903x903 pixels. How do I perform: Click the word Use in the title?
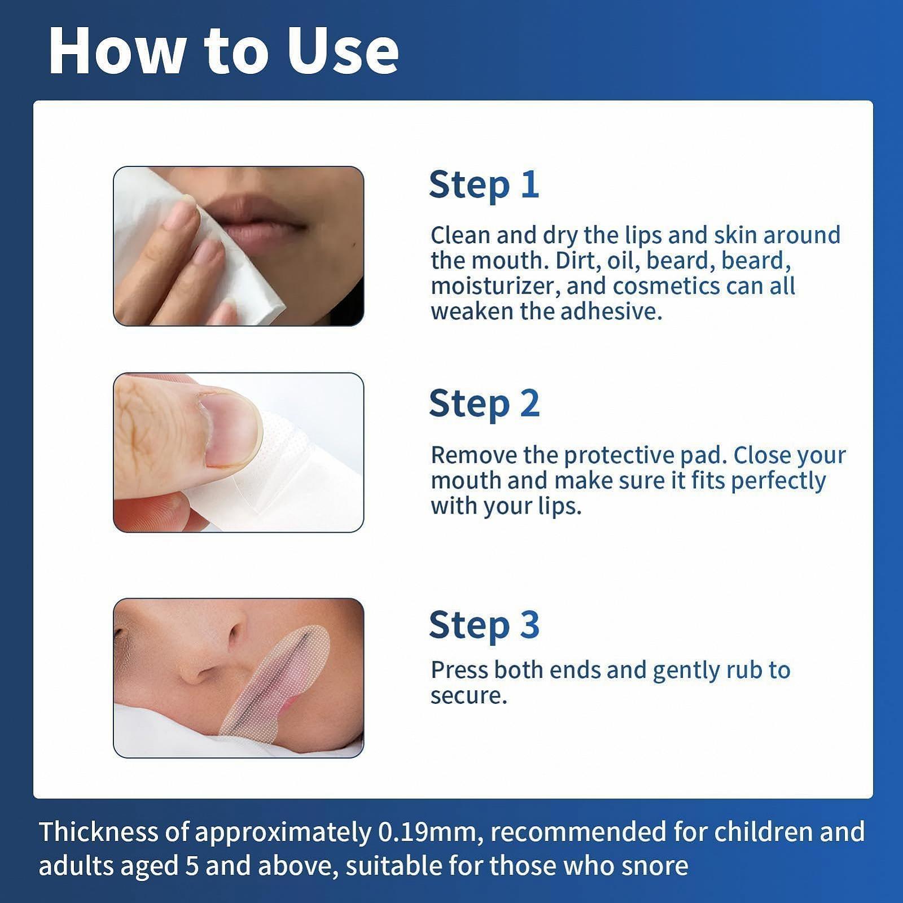point(343,51)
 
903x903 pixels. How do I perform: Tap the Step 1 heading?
point(484,185)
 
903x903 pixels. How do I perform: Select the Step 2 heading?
point(484,404)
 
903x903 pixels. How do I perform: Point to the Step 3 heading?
point(484,625)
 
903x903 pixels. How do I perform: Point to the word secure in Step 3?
point(468,696)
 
